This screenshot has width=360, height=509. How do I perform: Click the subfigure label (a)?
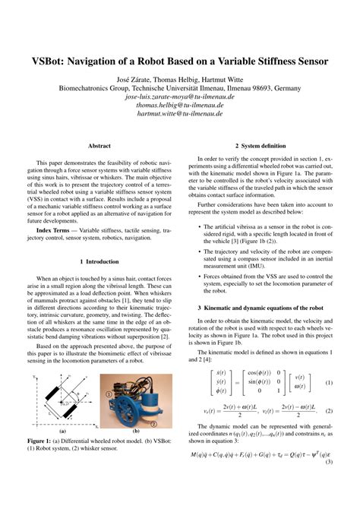tap(61, 451)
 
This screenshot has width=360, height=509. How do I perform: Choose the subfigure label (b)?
tap(137, 451)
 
